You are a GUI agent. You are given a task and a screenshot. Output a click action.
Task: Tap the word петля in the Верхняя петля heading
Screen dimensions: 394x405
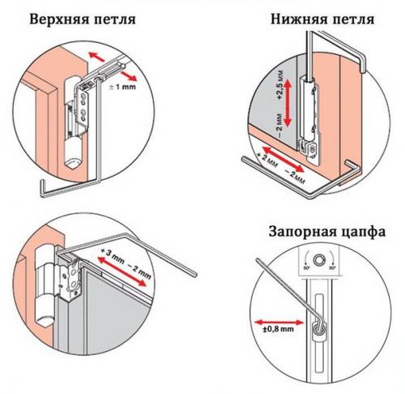coord(109,18)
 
